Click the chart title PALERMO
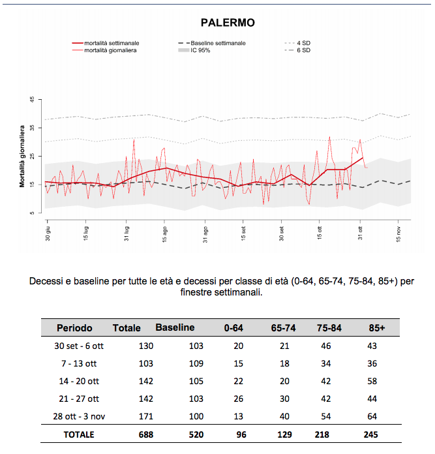click(228, 23)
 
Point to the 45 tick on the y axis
click(32, 99)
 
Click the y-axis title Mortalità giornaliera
click(22, 157)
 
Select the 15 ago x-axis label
click(164, 235)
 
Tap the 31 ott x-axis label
click(360, 234)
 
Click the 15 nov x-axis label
click(398, 235)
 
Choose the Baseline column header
click(175, 327)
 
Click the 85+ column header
click(377, 328)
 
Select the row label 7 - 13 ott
click(79, 364)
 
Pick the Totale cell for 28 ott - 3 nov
click(146, 416)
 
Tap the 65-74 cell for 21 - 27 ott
click(284, 399)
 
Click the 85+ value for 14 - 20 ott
click(372, 381)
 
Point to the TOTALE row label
click(79, 434)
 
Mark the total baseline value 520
click(196, 434)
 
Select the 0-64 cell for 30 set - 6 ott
click(239, 346)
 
